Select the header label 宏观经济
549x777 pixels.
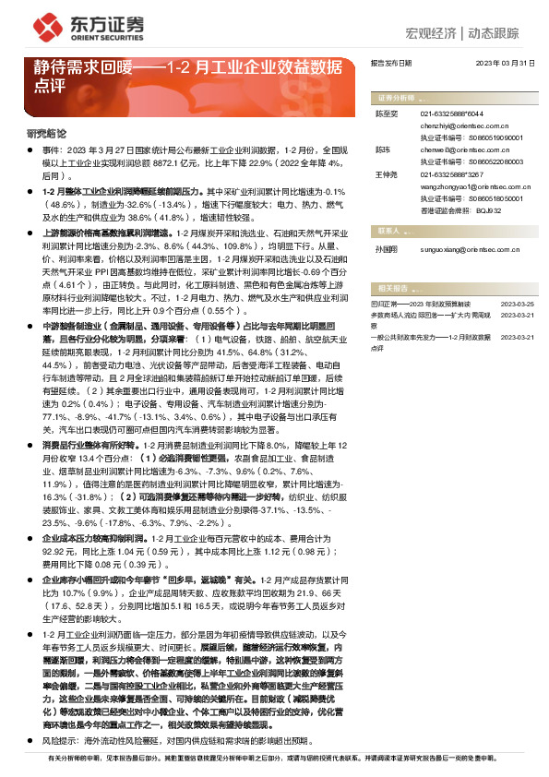click(x=432, y=34)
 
